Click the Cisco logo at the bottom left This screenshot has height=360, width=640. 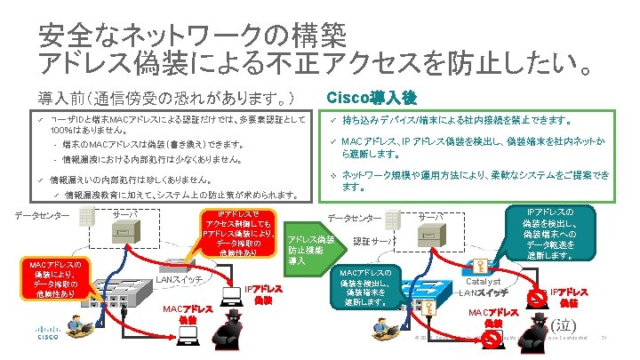point(26,336)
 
